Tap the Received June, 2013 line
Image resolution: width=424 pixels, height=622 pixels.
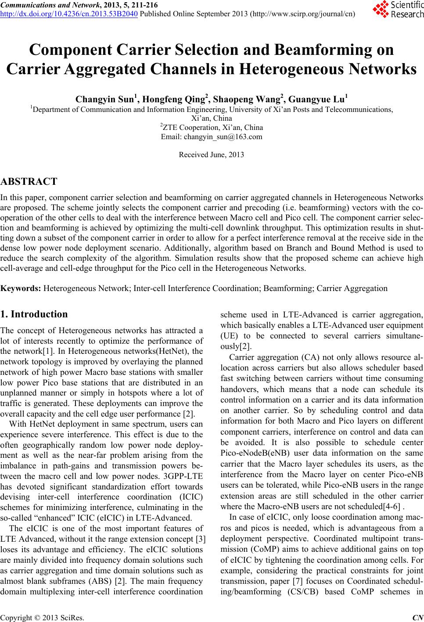point(212,155)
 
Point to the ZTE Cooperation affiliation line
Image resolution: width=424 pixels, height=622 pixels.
point(212,128)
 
